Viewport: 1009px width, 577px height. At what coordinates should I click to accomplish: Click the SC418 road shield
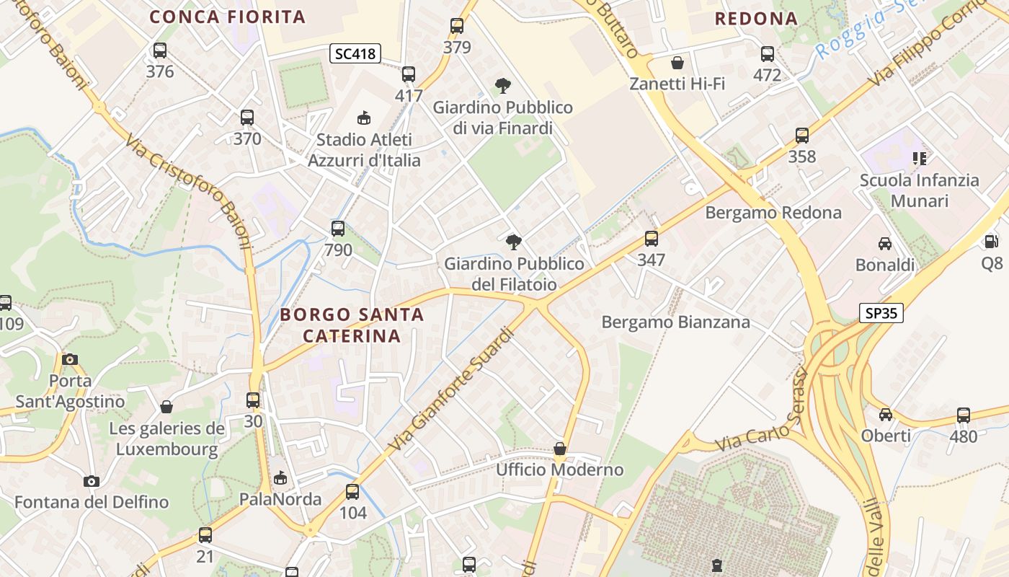point(355,53)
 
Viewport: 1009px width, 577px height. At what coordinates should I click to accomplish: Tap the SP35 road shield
point(881,313)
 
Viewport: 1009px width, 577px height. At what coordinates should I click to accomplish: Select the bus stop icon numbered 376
point(160,51)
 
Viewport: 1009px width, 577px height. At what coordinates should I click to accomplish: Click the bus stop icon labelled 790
point(338,229)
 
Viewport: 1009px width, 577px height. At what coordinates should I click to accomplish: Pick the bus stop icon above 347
point(652,239)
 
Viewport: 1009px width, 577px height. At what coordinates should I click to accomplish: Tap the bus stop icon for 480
point(964,415)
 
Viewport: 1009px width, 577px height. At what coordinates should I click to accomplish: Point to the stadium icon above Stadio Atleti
point(364,118)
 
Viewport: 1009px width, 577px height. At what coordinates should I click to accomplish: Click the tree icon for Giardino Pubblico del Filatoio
point(514,242)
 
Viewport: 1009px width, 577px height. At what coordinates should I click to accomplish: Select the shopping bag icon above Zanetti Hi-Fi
point(677,63)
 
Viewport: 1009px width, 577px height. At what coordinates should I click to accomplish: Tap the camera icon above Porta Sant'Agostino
point(70,359)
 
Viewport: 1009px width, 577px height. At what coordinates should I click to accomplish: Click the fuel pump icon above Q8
point(992,242)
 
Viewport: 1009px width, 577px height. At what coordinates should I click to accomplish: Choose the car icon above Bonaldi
point(885,244)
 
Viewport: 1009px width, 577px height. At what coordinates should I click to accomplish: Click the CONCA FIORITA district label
point(228,17)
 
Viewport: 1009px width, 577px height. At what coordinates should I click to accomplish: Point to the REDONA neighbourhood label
point(756,19)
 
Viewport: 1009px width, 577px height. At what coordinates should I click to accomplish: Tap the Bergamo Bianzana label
point(675,322)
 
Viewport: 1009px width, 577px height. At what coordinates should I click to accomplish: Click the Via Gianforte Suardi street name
point(453,389)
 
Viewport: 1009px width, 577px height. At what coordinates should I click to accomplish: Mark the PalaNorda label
point(280,499)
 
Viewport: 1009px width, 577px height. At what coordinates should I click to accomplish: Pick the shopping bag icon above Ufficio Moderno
point(560,449)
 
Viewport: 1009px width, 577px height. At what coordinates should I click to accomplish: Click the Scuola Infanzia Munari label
point(919,190)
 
